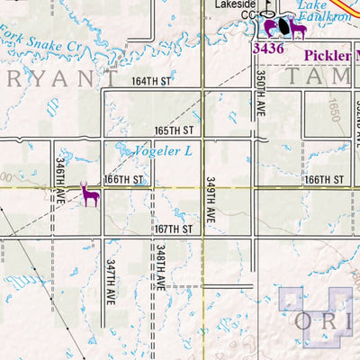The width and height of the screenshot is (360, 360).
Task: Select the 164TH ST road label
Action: pyautogui.click(x=152, y=81)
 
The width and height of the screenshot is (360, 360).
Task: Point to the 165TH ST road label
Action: pyautogui.click(x=174, y=130)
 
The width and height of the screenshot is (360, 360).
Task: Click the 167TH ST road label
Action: pyautogui.click(x=174, y=229)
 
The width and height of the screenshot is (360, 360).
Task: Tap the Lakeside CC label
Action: pyautogui.click(x=235, y=9)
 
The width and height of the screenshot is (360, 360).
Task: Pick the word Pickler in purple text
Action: pyautogui.click(x=329, y=55)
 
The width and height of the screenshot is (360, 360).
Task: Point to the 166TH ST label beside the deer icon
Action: pyautogui.click(x=123, y=180)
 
